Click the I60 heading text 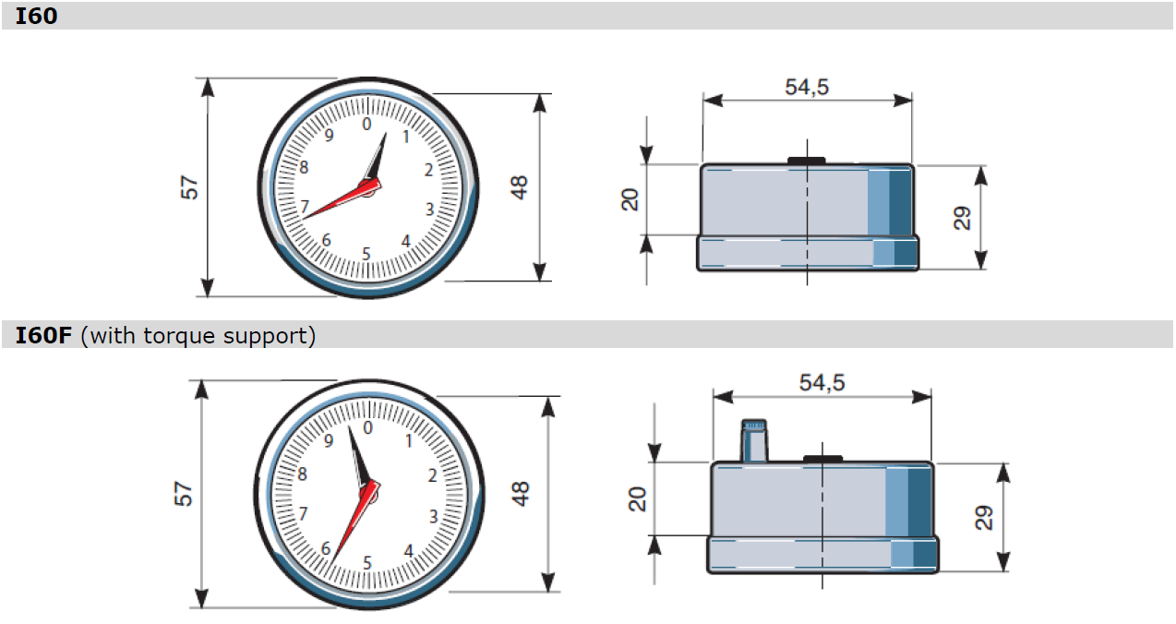click(36, 17)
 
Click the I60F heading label click(43, 336)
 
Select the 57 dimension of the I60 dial click(189, 187)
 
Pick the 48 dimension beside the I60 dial click(519, 187)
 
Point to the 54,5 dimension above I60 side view click(807, 87)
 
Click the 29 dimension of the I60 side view click(962, 218)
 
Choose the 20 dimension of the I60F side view click(637, 499)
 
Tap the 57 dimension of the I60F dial click(183, 494)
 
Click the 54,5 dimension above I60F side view click(822, 382)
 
